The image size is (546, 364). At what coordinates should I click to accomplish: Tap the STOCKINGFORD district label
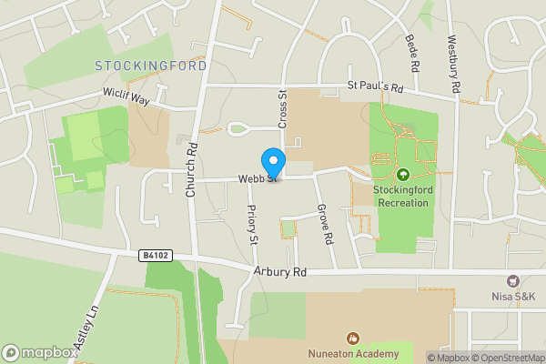tap(151, 66)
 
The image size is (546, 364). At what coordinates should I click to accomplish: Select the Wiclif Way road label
tap(125, 96)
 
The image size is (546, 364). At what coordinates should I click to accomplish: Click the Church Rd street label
tap(191, 171)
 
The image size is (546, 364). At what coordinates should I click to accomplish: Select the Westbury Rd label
tap(452, 63)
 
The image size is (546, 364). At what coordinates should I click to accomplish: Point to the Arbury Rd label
tap(279, 272)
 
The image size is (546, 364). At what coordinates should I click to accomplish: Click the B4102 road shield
tap(157, 258)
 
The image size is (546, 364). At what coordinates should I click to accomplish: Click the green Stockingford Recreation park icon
tap(402, 174)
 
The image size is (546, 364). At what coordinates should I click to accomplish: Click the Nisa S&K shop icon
tap(512, 281)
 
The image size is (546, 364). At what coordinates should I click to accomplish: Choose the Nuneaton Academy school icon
tap(353, 339)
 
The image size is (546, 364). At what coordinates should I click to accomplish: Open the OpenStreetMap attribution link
tap(510, 358)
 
